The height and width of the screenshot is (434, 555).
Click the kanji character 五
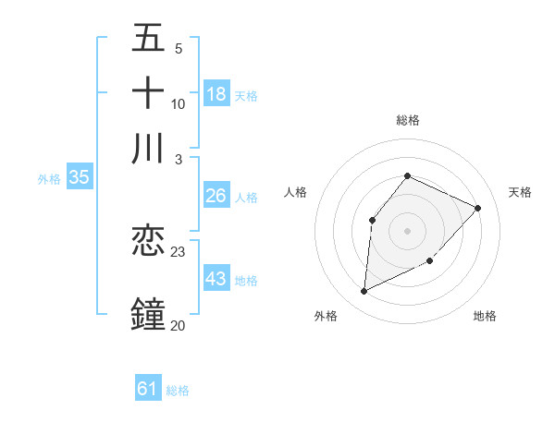(148, 38)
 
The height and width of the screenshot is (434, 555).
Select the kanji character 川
(148, 149)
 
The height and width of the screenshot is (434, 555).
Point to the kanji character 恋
(148, 241)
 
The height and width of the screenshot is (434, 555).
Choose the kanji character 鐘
(148, 314)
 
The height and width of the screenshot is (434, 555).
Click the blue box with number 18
(216, 93)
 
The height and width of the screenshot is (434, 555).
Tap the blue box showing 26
(216, 196)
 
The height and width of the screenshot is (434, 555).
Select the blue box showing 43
(216, 278)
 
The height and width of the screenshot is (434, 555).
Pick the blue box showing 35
(79, 178)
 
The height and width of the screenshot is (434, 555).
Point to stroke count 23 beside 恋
(179, 251)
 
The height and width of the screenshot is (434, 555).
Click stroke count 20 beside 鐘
(178, 325)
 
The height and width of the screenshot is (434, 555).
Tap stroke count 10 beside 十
(179, 103)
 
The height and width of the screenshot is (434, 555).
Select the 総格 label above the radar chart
(407, 120)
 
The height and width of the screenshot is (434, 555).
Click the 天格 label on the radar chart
(520, 192)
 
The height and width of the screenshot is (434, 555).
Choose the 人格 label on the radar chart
(296, 192)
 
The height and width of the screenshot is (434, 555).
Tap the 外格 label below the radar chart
(326, 316)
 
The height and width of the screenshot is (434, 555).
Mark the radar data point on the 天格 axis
(478, 208)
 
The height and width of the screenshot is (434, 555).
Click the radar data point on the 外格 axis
(364, 292)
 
